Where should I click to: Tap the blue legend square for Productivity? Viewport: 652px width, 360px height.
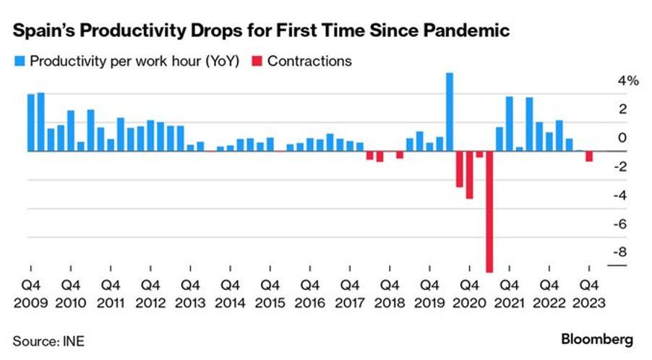[20, 61]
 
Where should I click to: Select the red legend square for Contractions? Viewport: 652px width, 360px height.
[257, 61]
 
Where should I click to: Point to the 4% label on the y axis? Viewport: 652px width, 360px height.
[628, 80]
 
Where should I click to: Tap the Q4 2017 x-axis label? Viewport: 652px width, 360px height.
[350, 294]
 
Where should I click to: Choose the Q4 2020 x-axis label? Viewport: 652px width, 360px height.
[469, 294]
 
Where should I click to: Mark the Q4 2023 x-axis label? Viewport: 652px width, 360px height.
[589, 294]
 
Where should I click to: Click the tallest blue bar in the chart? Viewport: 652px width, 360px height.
[450, 112]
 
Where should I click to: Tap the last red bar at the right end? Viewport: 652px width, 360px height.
[589, 156]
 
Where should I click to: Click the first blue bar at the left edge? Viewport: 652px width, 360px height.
[31, 122]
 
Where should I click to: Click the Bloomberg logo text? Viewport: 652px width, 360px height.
[597, 339]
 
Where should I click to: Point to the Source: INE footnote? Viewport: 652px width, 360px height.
[48, 340]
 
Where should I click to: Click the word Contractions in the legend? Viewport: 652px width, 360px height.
[309, 61]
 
